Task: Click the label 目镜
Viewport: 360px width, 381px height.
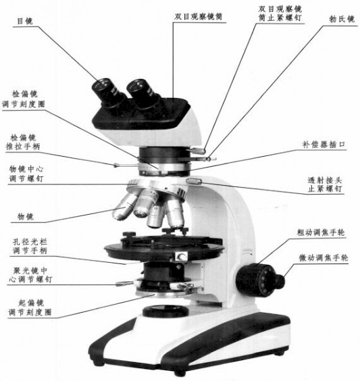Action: [x=25, y=21]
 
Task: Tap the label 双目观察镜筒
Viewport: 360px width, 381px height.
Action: [x=198, y=16]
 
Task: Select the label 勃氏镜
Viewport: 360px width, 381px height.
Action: [x=342, y=19]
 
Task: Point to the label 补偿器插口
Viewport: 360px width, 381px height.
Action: [x=324, y=145]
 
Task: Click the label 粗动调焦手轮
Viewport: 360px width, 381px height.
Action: [x=321, y=232]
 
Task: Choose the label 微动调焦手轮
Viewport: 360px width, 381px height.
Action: [x=324, y=257]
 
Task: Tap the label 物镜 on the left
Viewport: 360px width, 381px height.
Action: [x=25, y=216]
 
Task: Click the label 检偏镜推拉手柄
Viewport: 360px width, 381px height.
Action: [x=23, y=142]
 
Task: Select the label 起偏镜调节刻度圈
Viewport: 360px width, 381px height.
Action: [x=30, y=307]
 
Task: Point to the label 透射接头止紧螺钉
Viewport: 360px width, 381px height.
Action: [x=325, y=184]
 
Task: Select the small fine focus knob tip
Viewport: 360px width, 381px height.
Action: [x=280, y=282]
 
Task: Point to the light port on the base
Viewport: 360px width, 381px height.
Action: [x=165, y=311]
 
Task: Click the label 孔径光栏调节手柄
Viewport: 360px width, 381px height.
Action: [x=30, y=246]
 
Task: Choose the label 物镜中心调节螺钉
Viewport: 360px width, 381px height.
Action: [x=26, y=174]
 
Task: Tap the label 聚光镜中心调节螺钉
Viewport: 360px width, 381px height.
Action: [x=30, y=274]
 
